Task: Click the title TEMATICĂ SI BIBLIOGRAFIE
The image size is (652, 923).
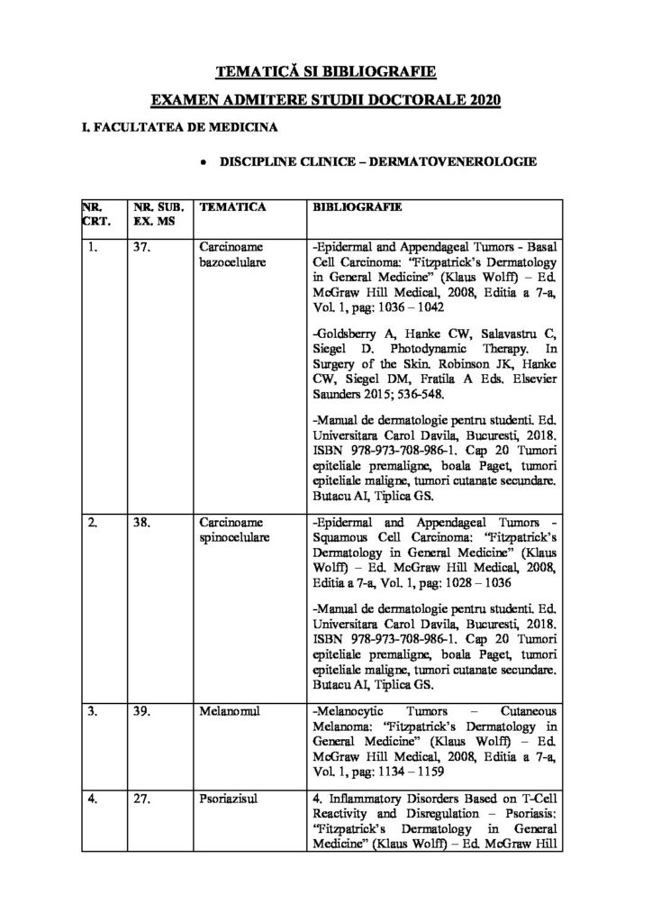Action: pyautogui.click(x=325, y=70)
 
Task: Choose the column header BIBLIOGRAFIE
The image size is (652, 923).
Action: pyautogui.click(x=356, y=207)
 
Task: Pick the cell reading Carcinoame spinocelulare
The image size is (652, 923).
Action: pyautogui.click(x=233, y=530)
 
